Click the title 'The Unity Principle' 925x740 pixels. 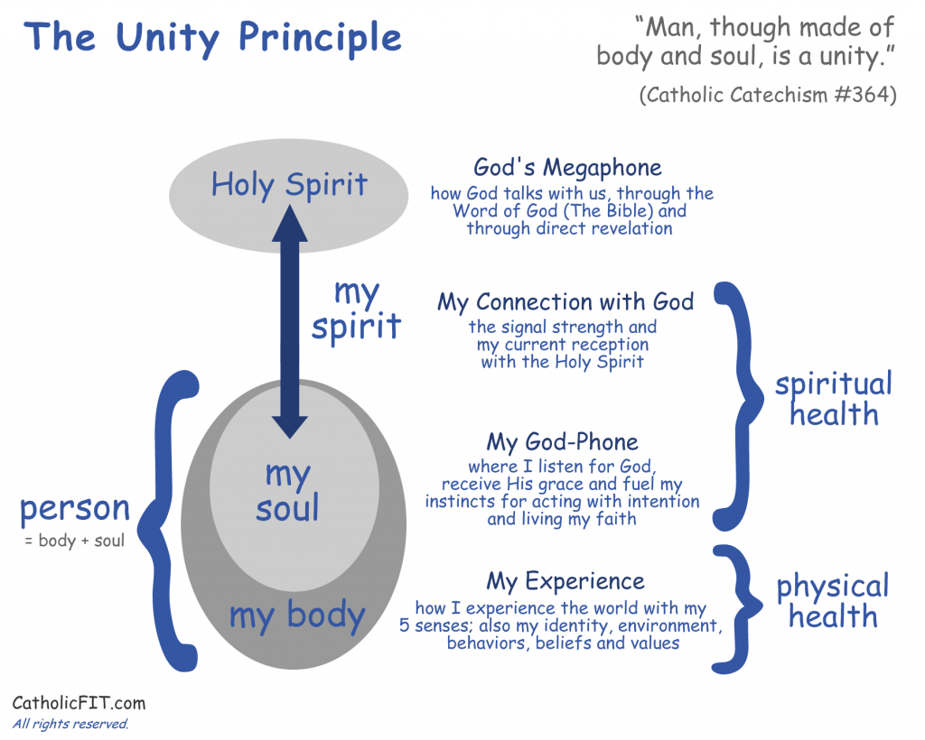(213, 38)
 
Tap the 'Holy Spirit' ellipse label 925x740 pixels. (289, 185)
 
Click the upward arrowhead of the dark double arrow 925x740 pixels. (290, 223)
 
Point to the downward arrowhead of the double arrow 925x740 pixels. (290, 427)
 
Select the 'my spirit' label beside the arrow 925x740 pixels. (356, 310)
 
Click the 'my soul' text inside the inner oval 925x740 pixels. (288, 491)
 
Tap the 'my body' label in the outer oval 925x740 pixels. (297, 615)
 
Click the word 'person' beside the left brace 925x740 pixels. (75, 508)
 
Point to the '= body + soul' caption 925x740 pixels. (75, 541)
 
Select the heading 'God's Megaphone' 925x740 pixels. (567, 168)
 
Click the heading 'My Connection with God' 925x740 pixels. (565, 302)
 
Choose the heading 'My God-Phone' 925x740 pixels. (562, 442)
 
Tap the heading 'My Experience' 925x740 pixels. (565, 582)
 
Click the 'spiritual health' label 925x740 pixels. (834, 399)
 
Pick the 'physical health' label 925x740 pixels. (832, 600)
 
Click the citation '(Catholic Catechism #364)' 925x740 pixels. (768, 95)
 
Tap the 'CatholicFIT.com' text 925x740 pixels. (79, 703)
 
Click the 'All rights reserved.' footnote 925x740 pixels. (70, 724)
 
